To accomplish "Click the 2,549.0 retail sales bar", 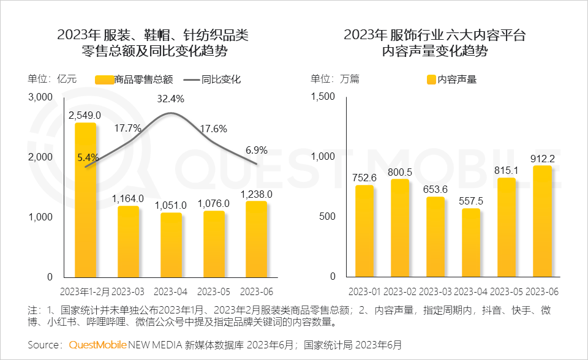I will point(86,200).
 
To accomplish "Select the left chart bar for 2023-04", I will point(171,245).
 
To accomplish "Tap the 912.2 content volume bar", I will point(543,221).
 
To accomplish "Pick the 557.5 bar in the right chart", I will point(471,242).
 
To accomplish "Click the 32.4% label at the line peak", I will point(170,99).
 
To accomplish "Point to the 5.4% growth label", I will point(88,157).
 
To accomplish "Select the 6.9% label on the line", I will point(257,149).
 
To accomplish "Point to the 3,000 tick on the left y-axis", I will point(41,97).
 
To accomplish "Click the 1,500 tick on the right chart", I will point(323,97).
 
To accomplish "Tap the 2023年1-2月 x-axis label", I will point(86,290).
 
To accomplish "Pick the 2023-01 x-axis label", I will point(364,290).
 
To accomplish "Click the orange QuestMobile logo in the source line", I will point(97,345).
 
